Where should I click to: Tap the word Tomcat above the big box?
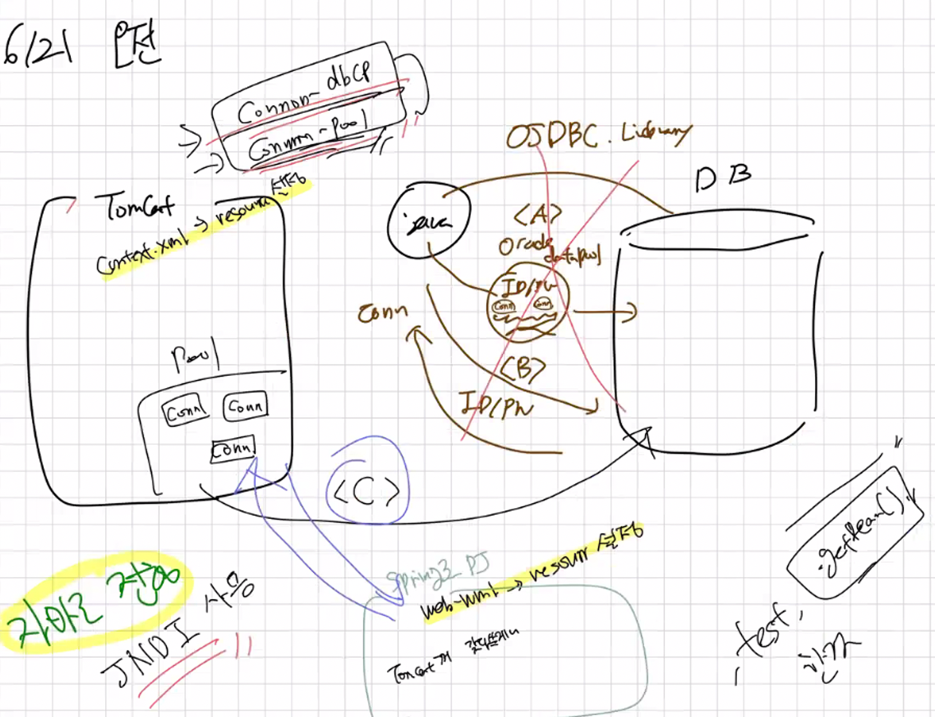click(x=135, y=205)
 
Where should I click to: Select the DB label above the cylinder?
click(x=723, y=177)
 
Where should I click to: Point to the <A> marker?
click(x=537, y=215)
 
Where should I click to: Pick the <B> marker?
click(x=522, y=369)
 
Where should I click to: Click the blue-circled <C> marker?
click(x=367, y=493)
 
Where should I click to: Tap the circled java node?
click(x=428, y=222)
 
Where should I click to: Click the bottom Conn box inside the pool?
click(x=233, y=448)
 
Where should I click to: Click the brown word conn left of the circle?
click(x=383, y=312)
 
